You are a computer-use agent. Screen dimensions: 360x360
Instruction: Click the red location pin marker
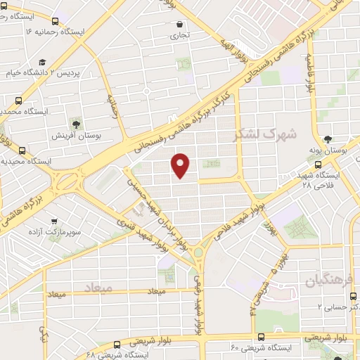coord(181,165)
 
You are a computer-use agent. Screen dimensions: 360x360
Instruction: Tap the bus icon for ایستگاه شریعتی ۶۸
coord(117,345)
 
